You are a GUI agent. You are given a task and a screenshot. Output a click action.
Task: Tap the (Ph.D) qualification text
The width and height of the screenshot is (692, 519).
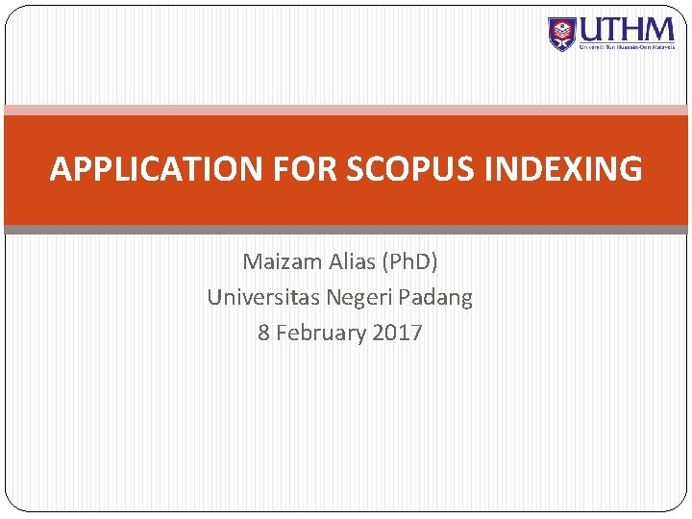click(x=409, y=261)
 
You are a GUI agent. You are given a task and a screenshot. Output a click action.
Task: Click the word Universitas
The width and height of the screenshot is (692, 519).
click(x=263, y=298)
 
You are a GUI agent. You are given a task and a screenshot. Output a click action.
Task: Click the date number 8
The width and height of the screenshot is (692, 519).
click(x=263, y=334)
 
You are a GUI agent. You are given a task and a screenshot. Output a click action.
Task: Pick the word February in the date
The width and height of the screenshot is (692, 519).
click(x=320, y=334)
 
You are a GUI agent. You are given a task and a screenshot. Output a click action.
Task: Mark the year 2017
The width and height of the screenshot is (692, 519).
click(x=396, y=334)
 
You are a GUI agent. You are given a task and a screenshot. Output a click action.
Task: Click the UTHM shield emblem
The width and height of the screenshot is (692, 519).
click(x=561, y=34)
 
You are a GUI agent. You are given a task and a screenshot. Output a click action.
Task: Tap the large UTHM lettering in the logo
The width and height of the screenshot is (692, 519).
click(x=626, y=28)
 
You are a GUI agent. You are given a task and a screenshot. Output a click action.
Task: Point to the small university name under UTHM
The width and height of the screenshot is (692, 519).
click(x=626, y=45)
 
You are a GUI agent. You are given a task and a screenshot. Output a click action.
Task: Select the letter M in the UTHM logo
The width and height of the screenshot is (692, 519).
click(x=660, y=28)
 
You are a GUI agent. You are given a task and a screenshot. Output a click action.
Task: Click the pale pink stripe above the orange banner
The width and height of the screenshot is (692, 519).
click(x=346, y=111)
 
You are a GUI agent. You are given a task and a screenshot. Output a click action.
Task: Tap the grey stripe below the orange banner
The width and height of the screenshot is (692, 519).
click(x=346, y=230)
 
